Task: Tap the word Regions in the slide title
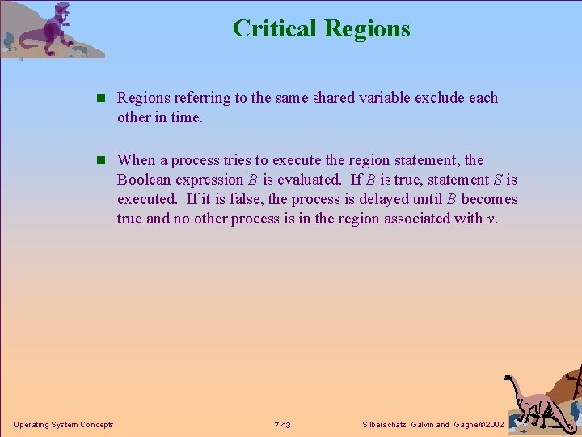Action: [367, 29]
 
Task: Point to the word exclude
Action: [441, 98]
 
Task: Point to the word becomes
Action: [489, 199]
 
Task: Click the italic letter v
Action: [491, 219]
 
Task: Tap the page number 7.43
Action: [282, 425]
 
